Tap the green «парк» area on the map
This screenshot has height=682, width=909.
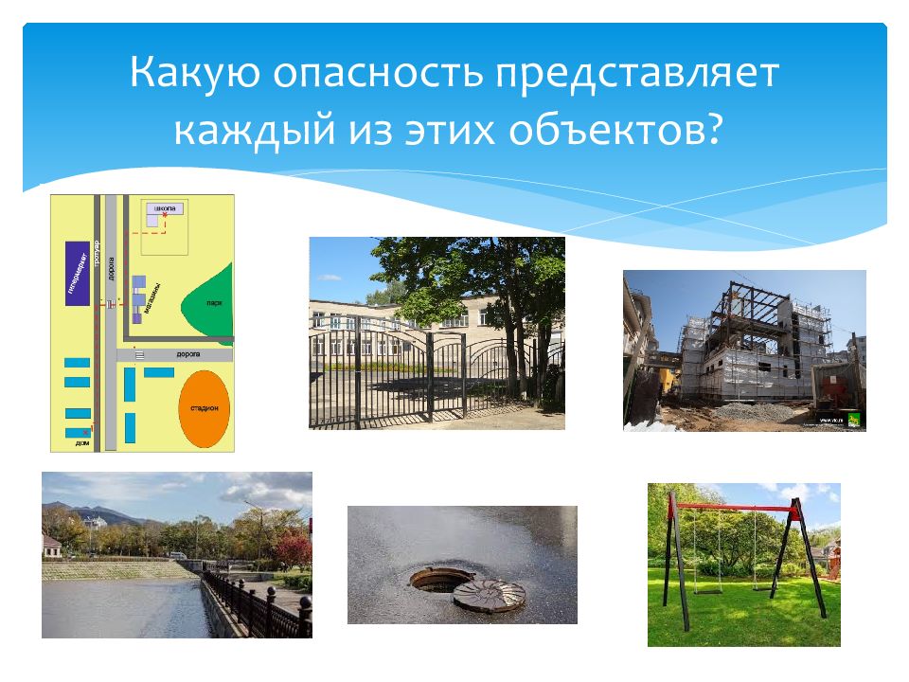pyautogui.click(x=210, y=303)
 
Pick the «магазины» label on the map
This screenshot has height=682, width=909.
pyautogui.click(x=153, y=296)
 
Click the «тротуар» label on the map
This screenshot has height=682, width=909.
pyautogui.click(x=96, y=256)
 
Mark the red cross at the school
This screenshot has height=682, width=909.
pyautogui.click(x=166, y=216)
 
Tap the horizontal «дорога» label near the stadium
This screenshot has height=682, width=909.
pyautogui.click(x=187, y=353)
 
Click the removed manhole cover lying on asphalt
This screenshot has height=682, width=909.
pyautogui.click(x=489, y=594)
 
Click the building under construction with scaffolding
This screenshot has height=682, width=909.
pyautogui.click(x=748, y=350)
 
